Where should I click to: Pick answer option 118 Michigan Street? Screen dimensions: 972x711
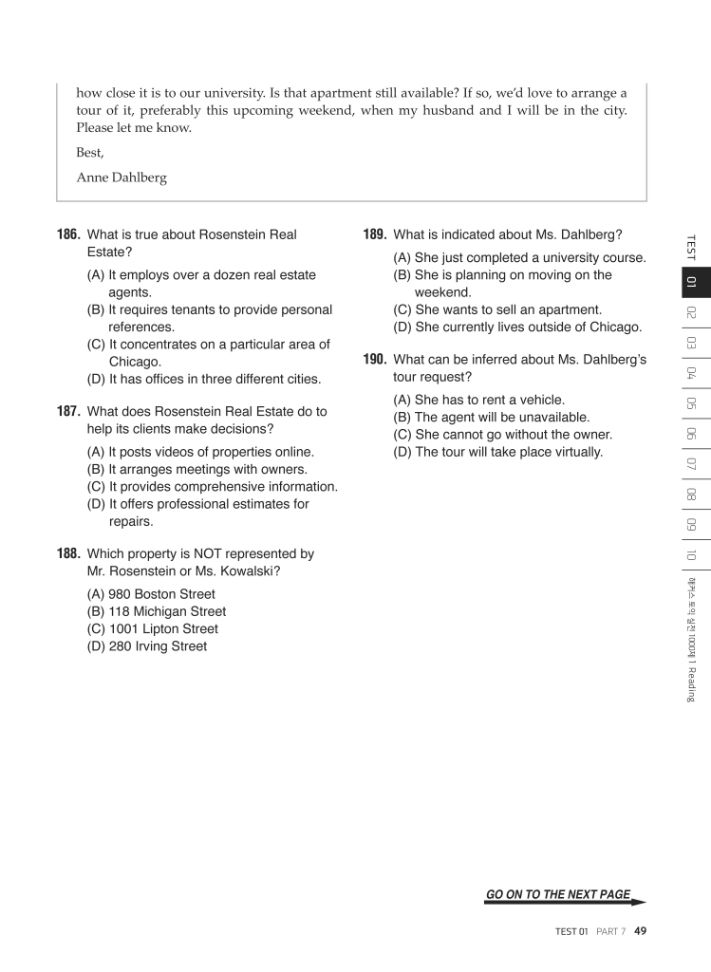[156, 611]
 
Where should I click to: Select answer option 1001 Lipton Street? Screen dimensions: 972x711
[152, 628]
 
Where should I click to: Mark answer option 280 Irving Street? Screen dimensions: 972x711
[146, 646]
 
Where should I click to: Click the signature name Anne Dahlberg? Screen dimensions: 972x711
[122, 177]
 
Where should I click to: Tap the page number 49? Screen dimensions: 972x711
[641, 931]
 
